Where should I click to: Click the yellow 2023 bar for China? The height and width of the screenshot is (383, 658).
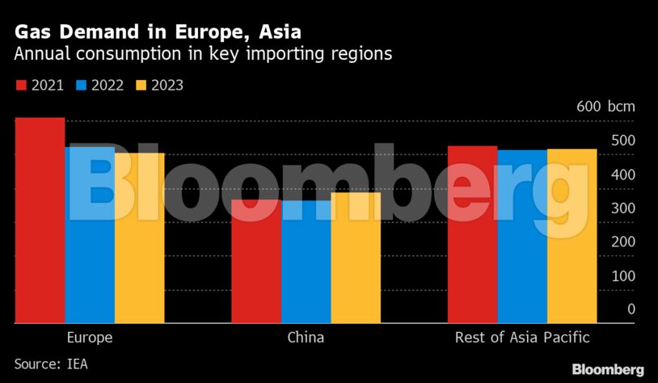pos(356,258)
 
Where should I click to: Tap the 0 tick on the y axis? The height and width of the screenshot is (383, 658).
pos(631,309)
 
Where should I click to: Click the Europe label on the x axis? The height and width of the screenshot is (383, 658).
pos(89,338)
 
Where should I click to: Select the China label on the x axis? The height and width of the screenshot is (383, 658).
pos(306,338)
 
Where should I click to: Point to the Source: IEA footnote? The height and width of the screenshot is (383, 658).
pos(50,364)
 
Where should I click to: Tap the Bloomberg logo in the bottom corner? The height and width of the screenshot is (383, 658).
pos(608,369)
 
